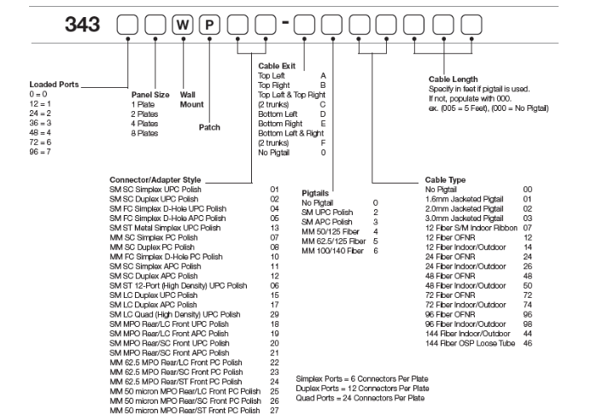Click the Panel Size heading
[150, 94]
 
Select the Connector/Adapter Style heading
[158, 179]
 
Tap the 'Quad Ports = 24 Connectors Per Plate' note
[361, 397]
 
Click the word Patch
[209, 127]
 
